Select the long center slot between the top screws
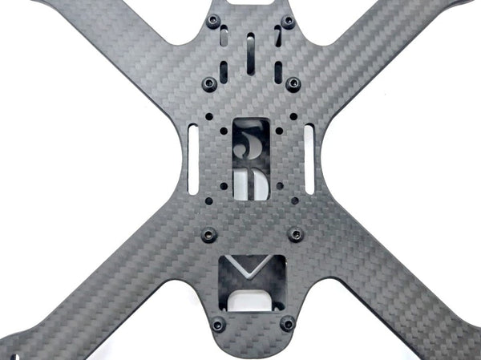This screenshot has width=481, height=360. point(251,52)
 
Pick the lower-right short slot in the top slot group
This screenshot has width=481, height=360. point(277,71)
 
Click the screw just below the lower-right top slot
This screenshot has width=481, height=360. point(293,83)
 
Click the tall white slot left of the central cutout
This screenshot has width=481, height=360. point(193,161)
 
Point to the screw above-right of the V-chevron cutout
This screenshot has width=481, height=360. point(295,234)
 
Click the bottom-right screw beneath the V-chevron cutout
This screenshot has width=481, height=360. point(287,325)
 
